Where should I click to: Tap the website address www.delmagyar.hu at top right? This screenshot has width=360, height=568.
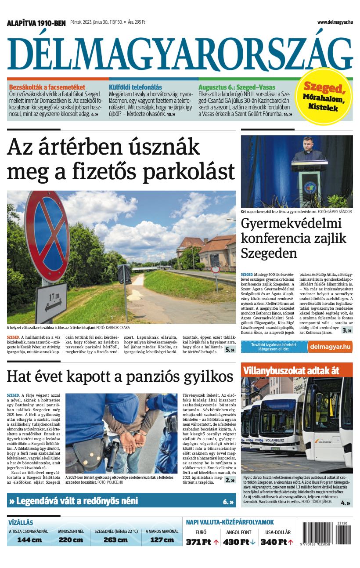click(335, 22)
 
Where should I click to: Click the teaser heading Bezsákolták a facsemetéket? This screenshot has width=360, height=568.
click(47, 87)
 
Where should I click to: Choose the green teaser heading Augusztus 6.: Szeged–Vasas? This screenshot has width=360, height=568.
click(237, 87)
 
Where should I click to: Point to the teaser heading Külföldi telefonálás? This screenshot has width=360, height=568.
click(135, 87)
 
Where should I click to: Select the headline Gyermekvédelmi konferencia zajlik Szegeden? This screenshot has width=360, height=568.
click(293, 238)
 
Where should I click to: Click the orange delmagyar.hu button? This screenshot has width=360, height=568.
click(330, 347)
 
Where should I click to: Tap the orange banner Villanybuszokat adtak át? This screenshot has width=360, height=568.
click(291, 370)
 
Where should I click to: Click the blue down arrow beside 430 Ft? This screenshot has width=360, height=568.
click(253, 542)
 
